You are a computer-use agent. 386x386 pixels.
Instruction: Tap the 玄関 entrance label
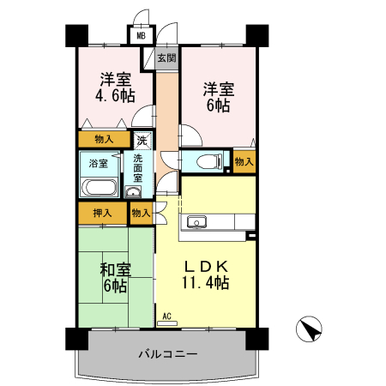tap(166, 58)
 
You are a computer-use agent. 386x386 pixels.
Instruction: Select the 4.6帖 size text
tap(115, 96)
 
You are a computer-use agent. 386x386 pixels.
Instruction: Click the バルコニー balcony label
tap(168, 354)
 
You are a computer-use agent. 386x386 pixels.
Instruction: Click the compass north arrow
tap(310, 329)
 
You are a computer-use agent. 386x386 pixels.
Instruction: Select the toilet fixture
tap(204, 161)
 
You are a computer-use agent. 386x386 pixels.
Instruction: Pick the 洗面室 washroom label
tap(138, 167)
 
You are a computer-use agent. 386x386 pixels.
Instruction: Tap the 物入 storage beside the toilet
tap(244, 161)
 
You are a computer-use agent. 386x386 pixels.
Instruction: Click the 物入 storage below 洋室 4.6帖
tap(104, 138)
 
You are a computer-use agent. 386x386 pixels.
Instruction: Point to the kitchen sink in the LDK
tap(196, 223)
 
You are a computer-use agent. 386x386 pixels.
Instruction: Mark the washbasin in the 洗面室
tap(136, 191)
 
